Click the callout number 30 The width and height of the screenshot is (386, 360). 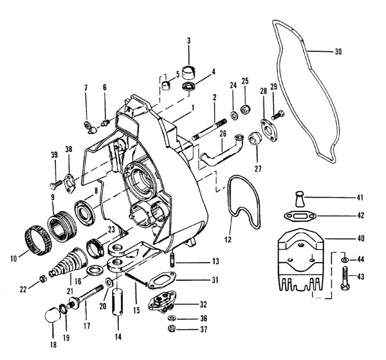click(x=338, y=52)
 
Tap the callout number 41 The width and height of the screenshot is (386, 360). click(x=360, y=198)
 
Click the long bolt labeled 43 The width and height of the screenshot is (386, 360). click(x=345, y=278)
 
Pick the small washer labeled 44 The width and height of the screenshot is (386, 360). click(x=344, y=260)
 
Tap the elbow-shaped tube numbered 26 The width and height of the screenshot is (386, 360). click(x=221, y=152)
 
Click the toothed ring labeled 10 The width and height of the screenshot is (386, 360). click(x=38, y=240)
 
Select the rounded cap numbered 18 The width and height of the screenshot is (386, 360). click(x=53, y=314)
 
